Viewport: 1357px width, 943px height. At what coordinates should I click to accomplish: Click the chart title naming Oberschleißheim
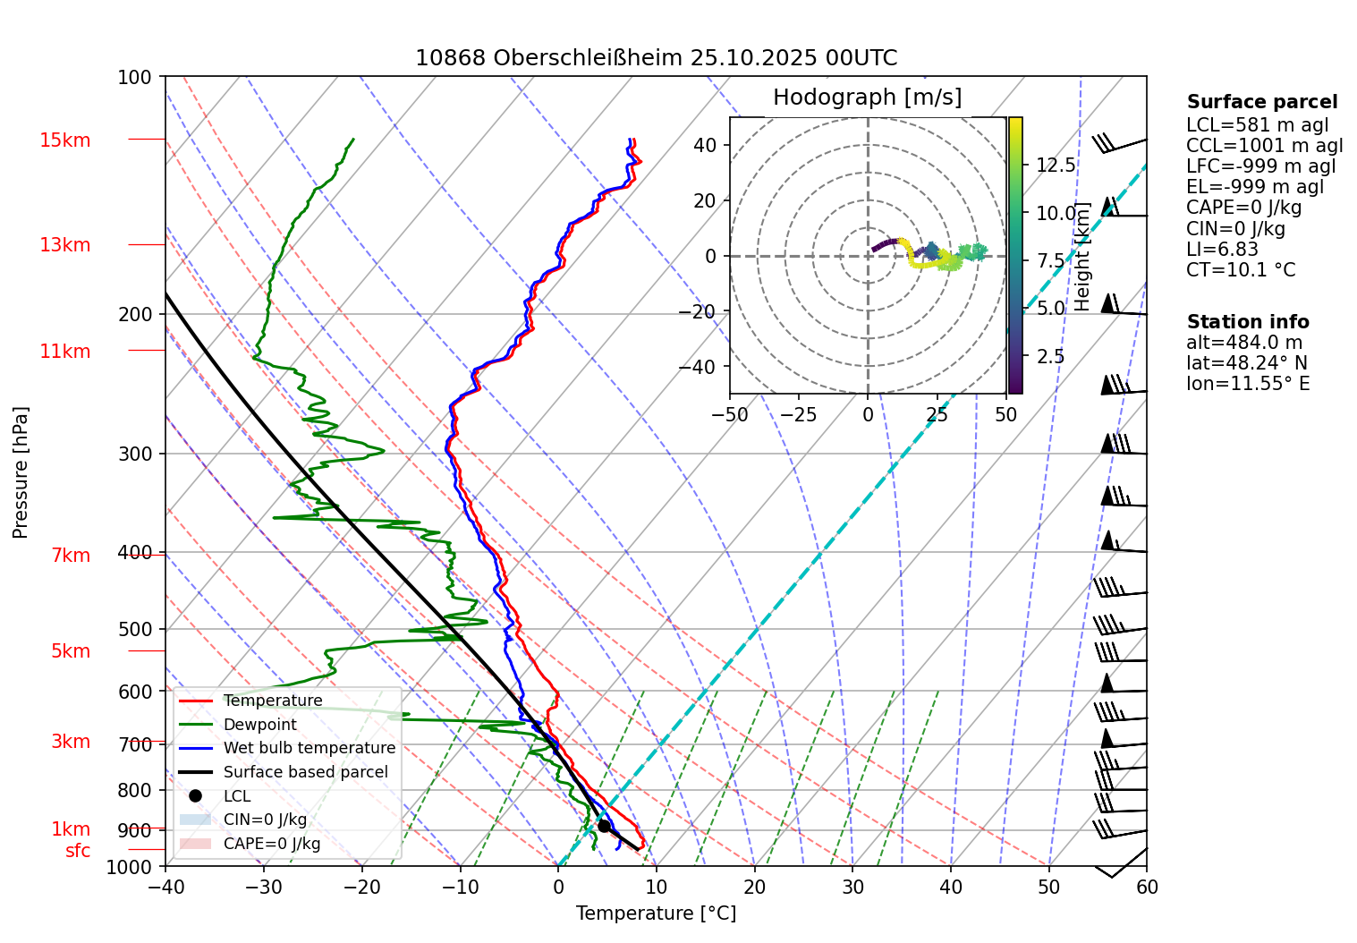656,58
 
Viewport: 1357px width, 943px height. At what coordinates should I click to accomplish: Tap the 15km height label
64,140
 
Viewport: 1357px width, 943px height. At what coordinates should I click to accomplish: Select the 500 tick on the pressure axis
135,629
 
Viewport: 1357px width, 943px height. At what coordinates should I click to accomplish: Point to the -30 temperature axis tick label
263,887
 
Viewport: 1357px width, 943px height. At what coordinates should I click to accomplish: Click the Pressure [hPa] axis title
21,472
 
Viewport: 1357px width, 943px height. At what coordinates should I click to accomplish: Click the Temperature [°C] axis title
656,913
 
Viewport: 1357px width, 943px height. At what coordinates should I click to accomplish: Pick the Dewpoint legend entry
259,725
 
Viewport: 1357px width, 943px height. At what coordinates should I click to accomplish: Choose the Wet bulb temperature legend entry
309,748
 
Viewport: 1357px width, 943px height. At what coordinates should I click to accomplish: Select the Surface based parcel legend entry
305,772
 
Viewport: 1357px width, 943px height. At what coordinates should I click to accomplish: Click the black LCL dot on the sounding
604,826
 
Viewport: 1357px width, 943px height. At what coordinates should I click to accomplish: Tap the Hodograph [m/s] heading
867,98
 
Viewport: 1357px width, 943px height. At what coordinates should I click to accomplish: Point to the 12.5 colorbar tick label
1056,166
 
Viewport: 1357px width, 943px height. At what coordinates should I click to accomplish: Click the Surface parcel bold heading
1261,102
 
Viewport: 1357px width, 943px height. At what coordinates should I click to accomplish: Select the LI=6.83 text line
1222,250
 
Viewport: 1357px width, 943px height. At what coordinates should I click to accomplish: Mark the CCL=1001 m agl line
1264,146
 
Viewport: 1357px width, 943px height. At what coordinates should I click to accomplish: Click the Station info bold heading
1247,322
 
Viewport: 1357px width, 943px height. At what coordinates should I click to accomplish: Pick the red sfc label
78,851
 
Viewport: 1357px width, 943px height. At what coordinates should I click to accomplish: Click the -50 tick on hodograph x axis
730,415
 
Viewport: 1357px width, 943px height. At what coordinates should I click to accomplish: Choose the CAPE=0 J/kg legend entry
271,844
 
